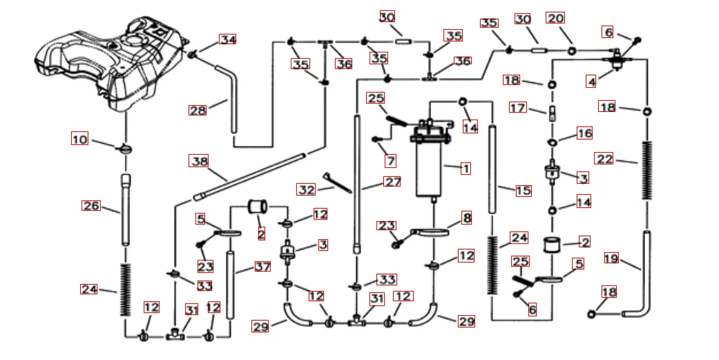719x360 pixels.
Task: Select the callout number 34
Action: (228, 39)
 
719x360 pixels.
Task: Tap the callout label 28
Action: (198, 110)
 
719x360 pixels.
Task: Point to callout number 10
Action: (79, 139)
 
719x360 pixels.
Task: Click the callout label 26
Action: (91, 205)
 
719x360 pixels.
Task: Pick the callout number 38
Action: (199, 161)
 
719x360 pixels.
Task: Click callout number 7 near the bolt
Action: (391, 161)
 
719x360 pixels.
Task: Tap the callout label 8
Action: (467, 218)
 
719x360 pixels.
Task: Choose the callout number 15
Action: (524, 190)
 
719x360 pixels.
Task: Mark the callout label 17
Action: (518, 108)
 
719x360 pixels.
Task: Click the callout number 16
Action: (584, 133)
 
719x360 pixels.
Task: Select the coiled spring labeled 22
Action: (647, 170)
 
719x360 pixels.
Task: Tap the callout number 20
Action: (555, 18)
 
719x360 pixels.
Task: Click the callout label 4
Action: (591, 82)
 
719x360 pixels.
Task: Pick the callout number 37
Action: (262, 266)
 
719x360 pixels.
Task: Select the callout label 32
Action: (306, 189)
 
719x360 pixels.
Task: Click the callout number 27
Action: (392, 183)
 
